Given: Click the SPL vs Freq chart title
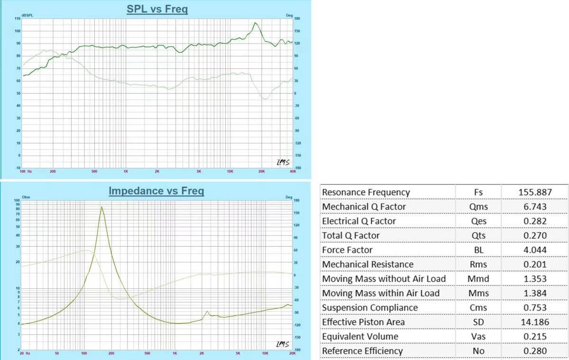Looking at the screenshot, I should [157, 9].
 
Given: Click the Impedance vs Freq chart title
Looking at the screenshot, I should [156, 191].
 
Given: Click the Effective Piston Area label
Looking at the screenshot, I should [364, 322].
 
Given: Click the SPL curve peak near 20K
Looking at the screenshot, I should [255, 22].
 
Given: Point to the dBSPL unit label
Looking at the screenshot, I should [28, 16].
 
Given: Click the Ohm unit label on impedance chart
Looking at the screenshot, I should [26, 197].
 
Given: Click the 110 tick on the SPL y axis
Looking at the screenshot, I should [18, 18].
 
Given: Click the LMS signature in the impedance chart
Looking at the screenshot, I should [283, 344].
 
